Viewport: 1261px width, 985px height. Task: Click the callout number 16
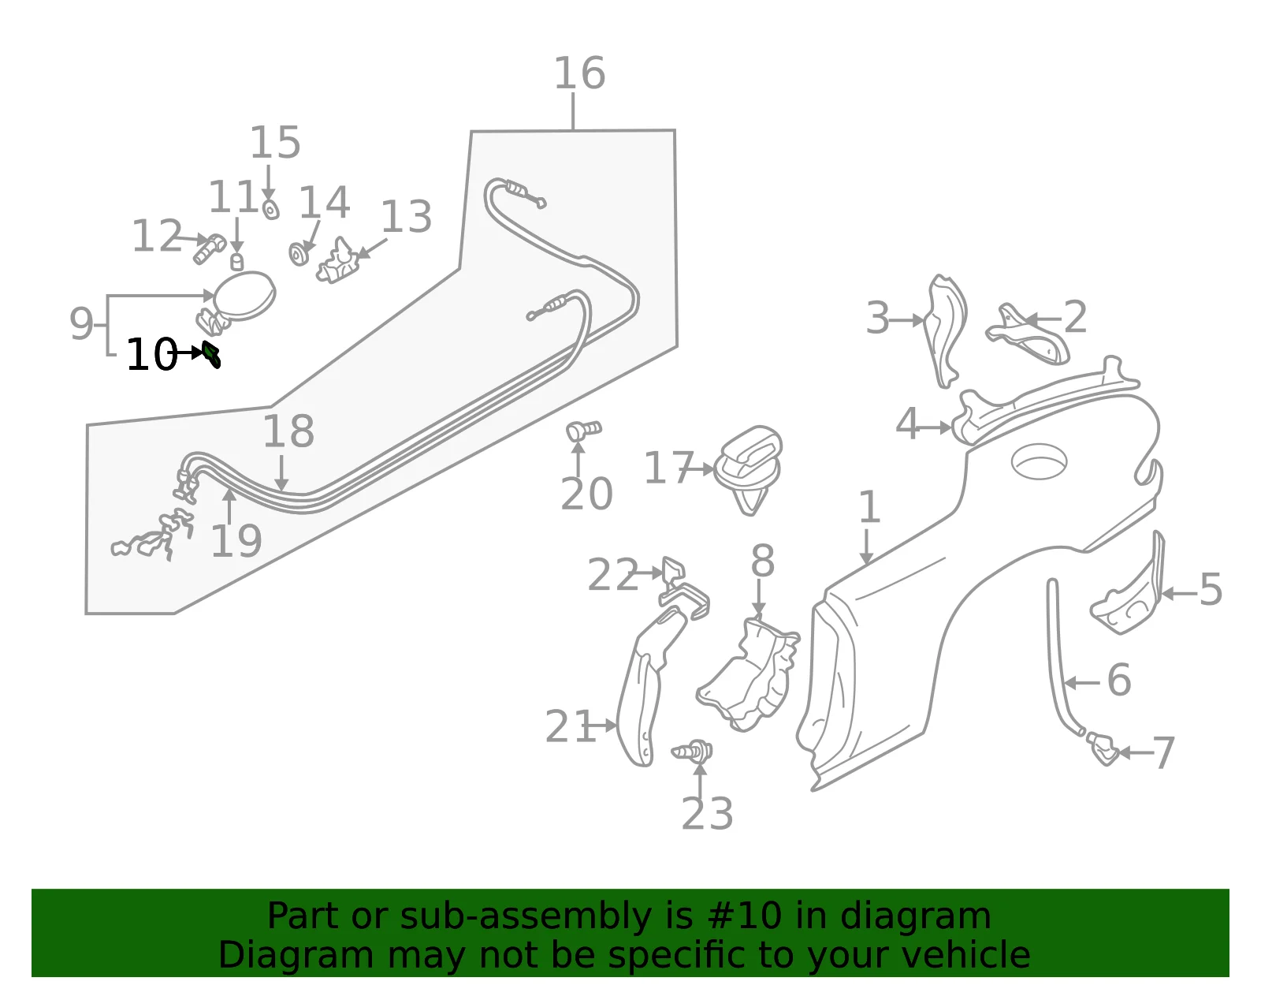pyautogui.click(x=580, y=73)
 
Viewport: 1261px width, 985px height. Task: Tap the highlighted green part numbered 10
pyautogui.click(x=211, y=354)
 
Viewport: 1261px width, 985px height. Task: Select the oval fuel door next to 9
pyautogui.click(x=244, y=296)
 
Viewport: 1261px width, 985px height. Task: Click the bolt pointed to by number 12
pyautogui.click(x=209, y=248)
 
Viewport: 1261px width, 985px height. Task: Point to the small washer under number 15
pyautogui.click(x=270, y=209)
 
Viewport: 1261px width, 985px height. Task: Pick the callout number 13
pyautogui.click(x=406, y=217)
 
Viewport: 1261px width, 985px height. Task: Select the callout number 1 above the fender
pyautogui.click(x=869, y=507)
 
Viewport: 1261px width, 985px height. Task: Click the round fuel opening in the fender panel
pyautogui.click(x=1039, y=461)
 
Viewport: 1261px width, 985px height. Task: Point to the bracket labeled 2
pyautogui.click(x=1028, y=335)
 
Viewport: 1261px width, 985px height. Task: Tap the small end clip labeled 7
pyautogui.click(x=1103, y=748)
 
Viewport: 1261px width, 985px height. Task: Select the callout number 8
pyautogui.click(x=763, y=562)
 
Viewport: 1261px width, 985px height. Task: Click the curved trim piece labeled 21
pyautogui.click(x=650, y=685)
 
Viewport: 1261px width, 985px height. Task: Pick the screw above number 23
pyautogui.click(x=692, y=752)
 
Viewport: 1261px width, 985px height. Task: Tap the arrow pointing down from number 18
pyautogui.click(x=281, y=473)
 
